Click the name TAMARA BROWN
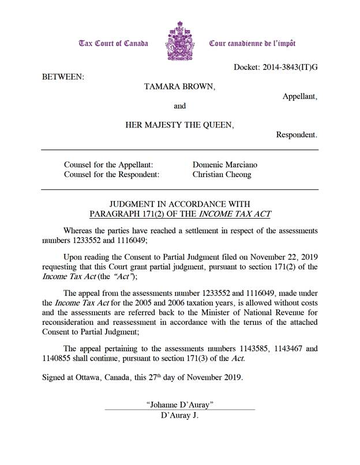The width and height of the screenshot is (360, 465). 179,87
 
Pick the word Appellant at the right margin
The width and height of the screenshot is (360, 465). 299,97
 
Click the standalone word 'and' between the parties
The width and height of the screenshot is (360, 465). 180,106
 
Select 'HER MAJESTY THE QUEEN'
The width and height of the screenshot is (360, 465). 179,125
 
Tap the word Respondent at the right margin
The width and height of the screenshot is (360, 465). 296,135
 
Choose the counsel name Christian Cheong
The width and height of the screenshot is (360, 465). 222,174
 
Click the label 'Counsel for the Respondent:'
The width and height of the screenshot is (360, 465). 111,174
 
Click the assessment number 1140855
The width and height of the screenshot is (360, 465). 60,358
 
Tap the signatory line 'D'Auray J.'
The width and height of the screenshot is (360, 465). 180,415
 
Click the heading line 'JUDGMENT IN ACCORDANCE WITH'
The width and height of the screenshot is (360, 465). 179,204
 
